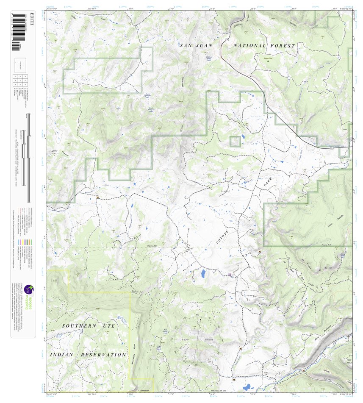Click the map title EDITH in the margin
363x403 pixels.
point(30,22)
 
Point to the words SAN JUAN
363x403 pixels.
point(195,45)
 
